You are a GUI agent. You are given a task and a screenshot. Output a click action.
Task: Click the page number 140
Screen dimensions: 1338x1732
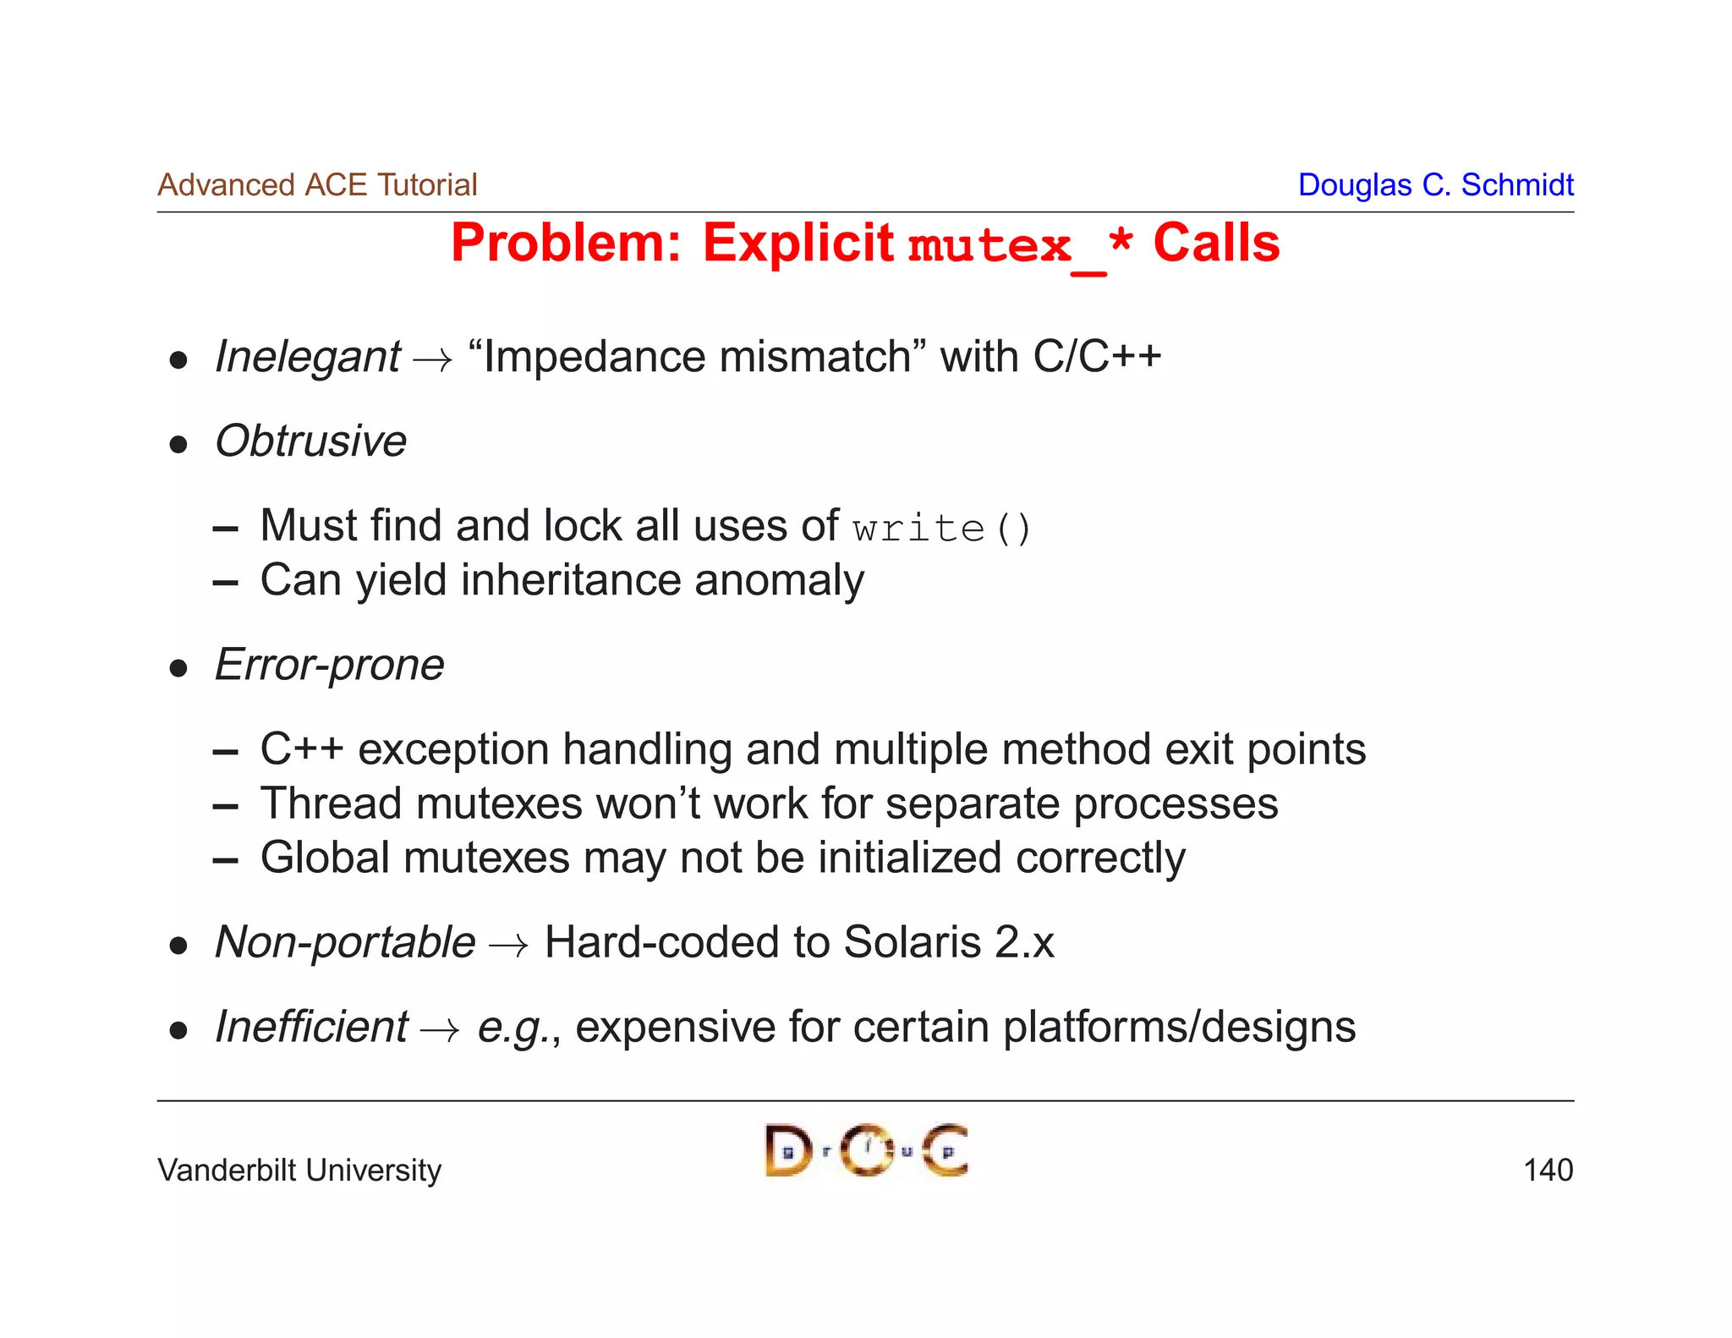click(1548, 1170)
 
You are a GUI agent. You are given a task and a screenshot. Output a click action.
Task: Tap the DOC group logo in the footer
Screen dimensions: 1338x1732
click(866, 1150)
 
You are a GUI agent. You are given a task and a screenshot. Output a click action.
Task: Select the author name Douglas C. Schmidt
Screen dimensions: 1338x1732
click(1435, 184)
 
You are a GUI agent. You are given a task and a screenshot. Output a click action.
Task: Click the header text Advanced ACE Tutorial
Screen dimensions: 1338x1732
click(317, 184)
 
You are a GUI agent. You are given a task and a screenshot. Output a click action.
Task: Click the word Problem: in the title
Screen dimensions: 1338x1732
click(566, 244)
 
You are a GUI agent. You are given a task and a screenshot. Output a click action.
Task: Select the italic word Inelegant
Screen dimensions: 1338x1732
click(308, 357)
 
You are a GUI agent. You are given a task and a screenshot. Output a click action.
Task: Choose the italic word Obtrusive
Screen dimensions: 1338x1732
click(310, 441)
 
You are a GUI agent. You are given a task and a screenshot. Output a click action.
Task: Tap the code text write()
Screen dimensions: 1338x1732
click(941, 529)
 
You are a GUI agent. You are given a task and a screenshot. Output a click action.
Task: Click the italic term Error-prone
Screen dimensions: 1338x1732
click(329, 665)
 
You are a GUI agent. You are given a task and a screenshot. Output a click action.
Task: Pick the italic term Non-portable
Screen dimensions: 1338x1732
click(345, 943)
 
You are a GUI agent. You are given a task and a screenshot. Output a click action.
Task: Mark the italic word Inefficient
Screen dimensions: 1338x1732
click(311, 1028)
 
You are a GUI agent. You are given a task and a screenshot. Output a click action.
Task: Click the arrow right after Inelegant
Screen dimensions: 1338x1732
click(432, 360)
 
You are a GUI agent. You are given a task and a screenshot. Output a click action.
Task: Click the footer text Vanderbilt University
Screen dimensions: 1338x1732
click(299, 1171)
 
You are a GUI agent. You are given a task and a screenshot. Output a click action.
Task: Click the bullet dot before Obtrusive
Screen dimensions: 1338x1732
click(178, 445)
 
